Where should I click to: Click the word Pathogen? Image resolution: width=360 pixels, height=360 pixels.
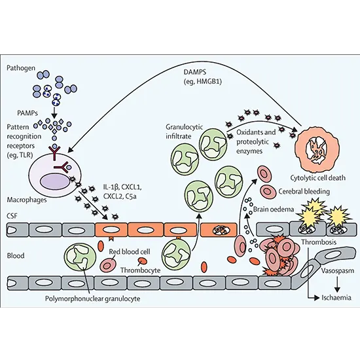[20, 67]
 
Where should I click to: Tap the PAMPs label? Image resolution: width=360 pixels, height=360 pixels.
[18, 94]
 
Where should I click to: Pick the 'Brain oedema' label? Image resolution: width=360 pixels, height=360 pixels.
[272, 210]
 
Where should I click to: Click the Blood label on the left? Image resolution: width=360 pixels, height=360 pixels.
[14, 257]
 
